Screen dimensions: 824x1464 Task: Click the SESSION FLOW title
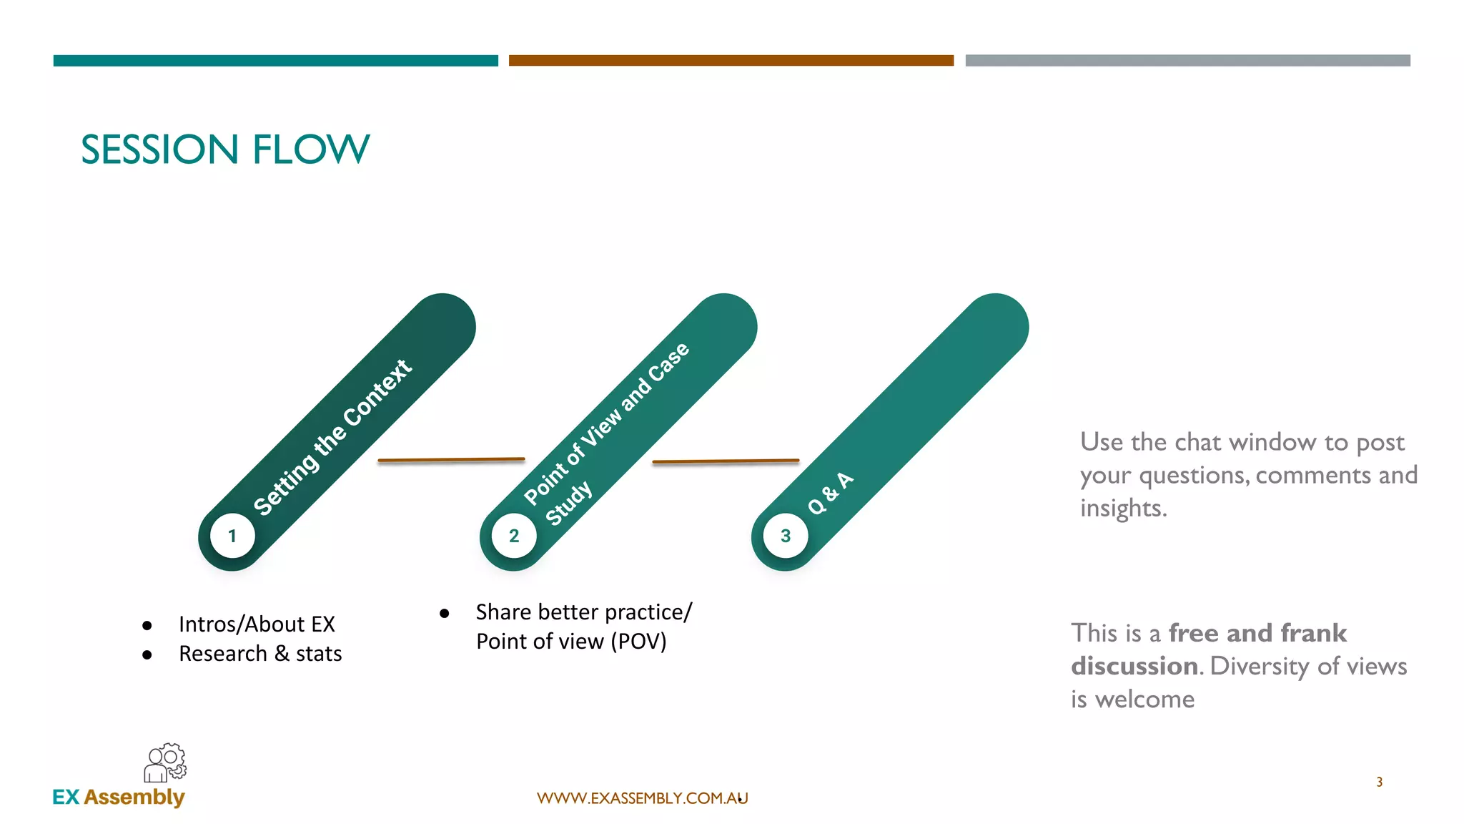[225, 149]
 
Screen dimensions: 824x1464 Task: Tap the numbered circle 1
[232, 536]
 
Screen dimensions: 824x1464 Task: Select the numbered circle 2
[514, 536]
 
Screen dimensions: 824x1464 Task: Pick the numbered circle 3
[786, 536]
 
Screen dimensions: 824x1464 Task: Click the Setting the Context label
[332, 437]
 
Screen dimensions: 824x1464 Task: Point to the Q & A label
[831, 493]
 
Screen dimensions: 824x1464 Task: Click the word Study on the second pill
[569, 503]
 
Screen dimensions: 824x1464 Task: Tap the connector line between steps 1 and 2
[451, 460]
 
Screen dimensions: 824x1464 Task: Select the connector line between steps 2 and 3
[726, 461]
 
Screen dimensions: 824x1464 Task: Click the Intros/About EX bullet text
[257, 624]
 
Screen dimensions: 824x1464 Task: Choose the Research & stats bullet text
[260, 654]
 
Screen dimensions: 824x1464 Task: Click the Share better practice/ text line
[584, 612]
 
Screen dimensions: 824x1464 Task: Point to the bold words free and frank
[1257, 633]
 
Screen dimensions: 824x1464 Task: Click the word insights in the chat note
[1123, 508]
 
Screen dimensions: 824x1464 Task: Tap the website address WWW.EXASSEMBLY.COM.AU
[642, 798]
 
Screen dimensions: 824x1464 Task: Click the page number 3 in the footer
[1379, 782]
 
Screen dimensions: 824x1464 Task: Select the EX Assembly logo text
[119, 797]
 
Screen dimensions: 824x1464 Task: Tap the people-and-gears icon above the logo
[165, 762]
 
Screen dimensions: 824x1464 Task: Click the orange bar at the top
[731, 61]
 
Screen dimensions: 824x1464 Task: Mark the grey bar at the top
[1187, 61]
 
